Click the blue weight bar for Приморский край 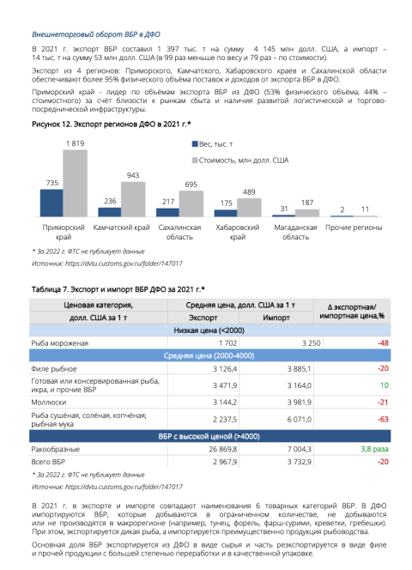[x=51, y=203]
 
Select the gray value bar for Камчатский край [x=133, y=199]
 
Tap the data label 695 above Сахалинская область [x=191, y=185]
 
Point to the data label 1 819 [x=75, y=143]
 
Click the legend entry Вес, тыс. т [x=213, y=144]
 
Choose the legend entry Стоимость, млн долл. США [x=240, y=161]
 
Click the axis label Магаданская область [x=295, y=232]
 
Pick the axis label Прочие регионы [x=354, y=227]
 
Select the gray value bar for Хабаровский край [x=249, y=208]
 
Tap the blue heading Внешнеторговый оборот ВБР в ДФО [x=96, y=34]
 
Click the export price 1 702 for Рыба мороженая [x=228, y=343]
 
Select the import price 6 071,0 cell [x=300, y=420]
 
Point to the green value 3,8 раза [x=374, y=449]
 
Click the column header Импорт [x=276, y=318]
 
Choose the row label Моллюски [x=49, y=403]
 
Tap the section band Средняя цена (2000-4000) [x=209, y=355]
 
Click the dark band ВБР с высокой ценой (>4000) [x=209, y=436]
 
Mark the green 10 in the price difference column [x=385, y=385]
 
